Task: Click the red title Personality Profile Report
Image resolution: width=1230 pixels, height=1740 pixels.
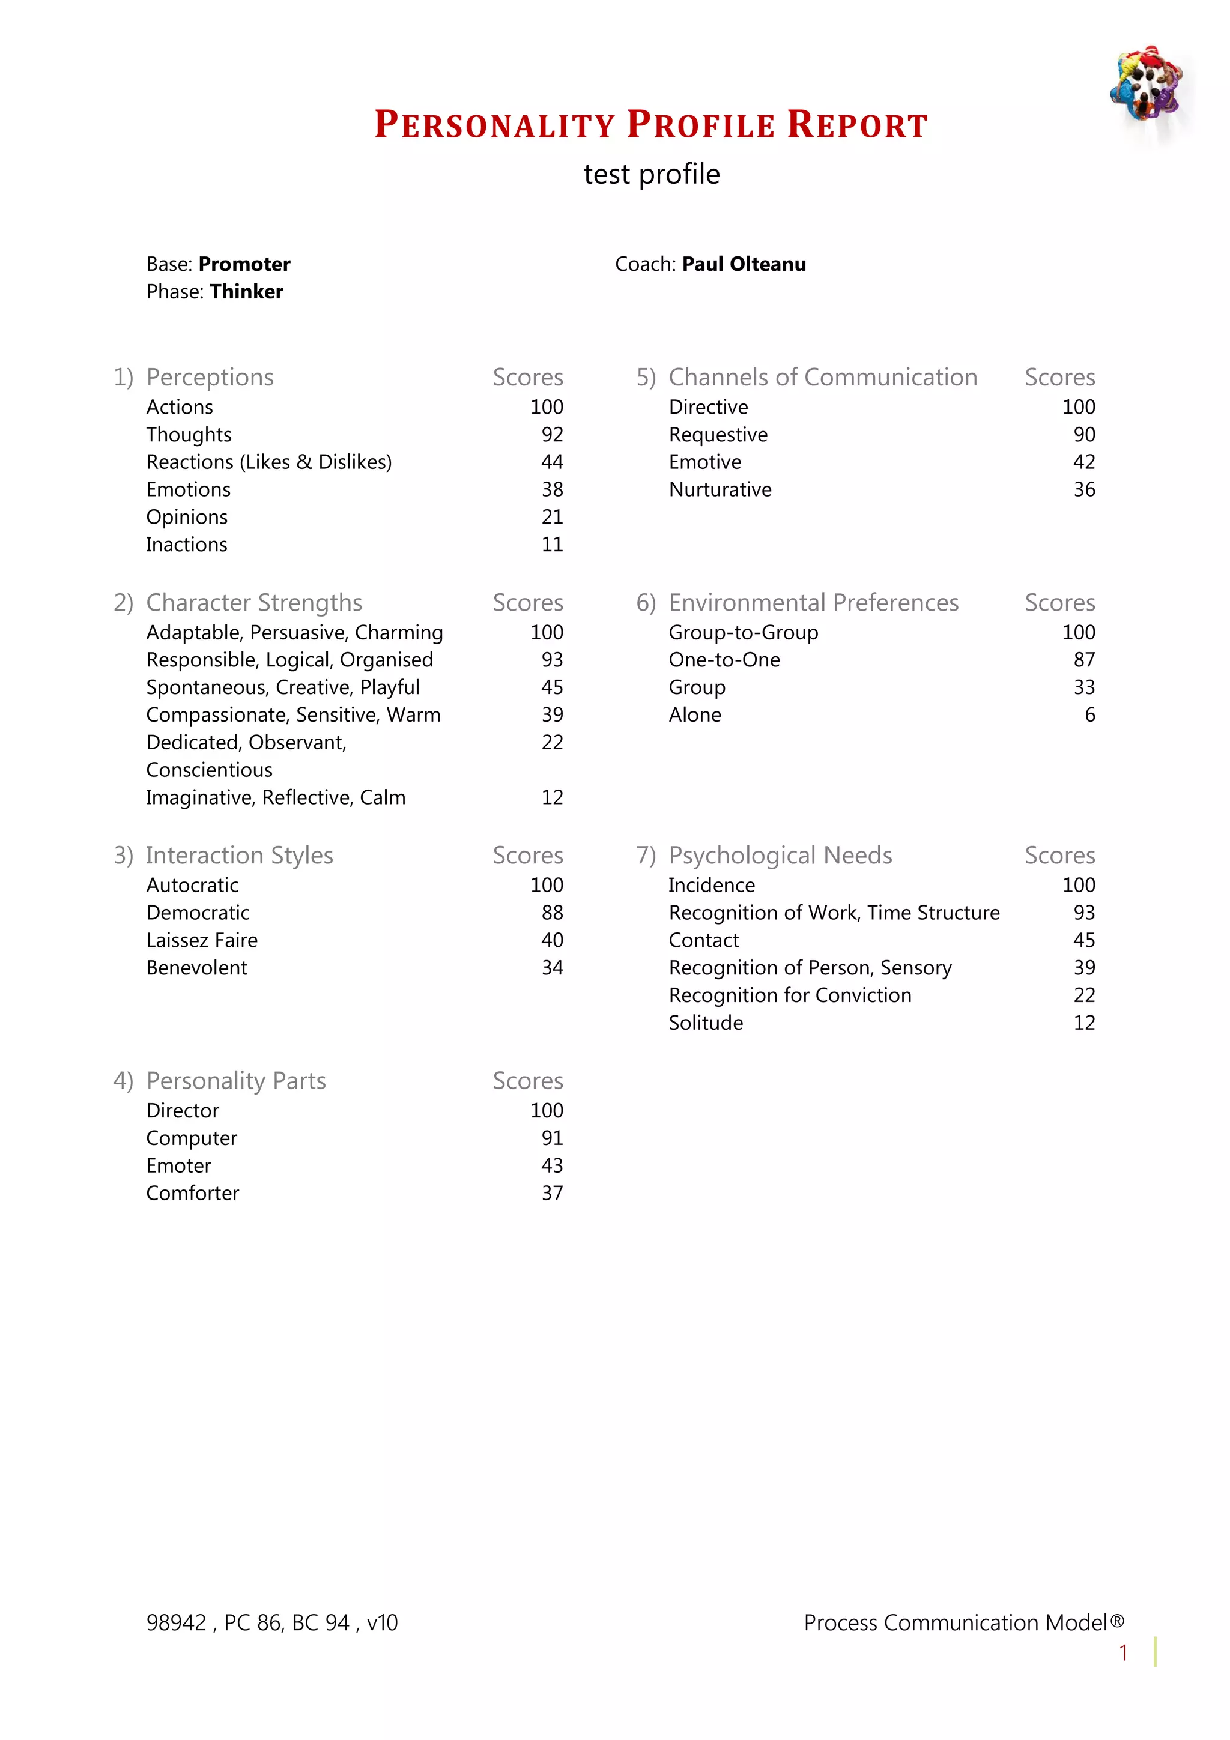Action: (x=651, y=125)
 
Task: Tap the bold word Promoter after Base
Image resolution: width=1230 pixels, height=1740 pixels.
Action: (x=244, y=265)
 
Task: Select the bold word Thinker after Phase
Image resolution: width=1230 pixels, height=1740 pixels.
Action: (x=246, y=292)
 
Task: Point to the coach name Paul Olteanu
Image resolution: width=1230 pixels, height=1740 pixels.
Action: (x=744, y=265)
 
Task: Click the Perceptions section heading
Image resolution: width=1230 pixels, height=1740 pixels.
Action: (x=210, y=378)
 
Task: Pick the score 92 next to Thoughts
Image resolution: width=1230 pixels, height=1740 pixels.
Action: (x=552, y=435)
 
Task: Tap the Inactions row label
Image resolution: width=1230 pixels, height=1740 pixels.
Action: (x=186, y=545)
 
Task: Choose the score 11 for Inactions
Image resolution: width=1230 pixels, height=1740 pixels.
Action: (x=552, y=545)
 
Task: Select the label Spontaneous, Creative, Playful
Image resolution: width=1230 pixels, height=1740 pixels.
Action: (x=283, y=687)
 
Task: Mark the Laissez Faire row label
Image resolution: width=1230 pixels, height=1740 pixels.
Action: (x=202, y=940)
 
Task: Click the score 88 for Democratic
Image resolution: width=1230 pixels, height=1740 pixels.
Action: (x=552, y=913)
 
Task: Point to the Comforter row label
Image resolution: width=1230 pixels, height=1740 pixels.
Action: (x=193, y=1194)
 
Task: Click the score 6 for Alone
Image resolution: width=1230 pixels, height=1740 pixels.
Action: (x=1090, y=716)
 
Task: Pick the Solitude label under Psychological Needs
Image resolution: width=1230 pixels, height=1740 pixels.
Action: (x=706, y=1023)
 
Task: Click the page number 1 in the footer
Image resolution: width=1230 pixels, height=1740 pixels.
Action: (x=1123, y=1653)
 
